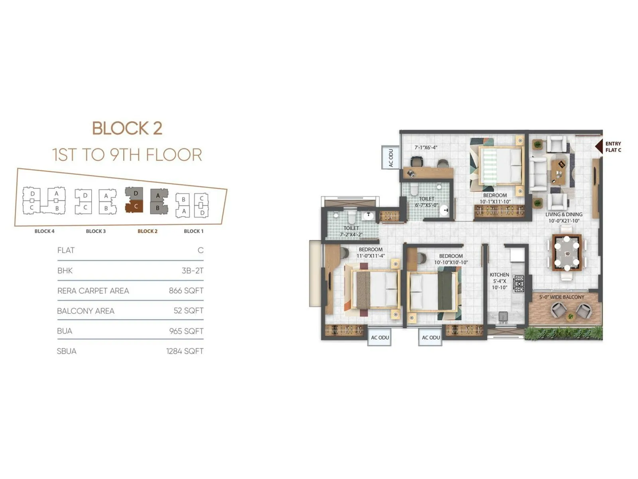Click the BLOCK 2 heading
click(127, 129)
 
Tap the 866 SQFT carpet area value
click(186, 291)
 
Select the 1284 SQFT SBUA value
click(185, 351)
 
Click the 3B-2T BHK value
click(192, 271)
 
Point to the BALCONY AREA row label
click(86, 311)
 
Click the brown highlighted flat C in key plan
click(135, 207)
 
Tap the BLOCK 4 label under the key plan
click(44, 231)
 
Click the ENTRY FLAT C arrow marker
click(599, 146)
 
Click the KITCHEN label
click(499, 275)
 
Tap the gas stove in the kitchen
click(518, 283)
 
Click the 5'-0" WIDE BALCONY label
click(561, 297)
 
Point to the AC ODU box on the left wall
click(391, 158)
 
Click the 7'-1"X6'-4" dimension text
click(426, 147)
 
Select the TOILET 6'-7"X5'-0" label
click(426, 202)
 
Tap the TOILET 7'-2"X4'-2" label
click(351, 231)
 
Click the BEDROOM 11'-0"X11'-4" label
click(370, 252)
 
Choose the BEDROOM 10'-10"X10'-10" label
click(451, 259)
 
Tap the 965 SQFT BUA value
click(186, 331)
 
